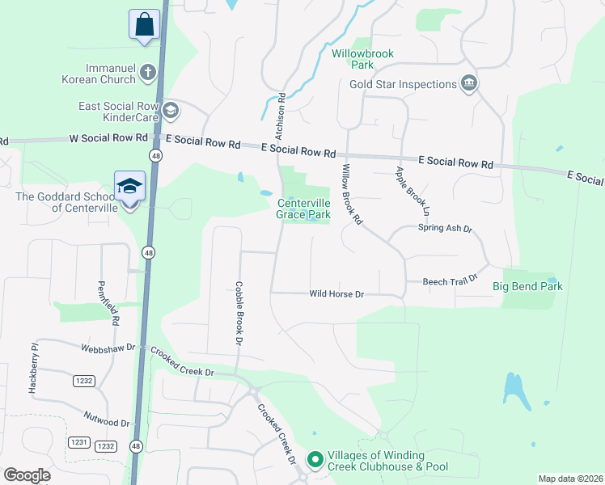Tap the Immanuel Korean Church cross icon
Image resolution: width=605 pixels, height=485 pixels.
tap(147, 73)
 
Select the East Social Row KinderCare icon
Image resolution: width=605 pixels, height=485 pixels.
tap(170, 110)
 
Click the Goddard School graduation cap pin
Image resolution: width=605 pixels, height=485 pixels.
tap(129, 187)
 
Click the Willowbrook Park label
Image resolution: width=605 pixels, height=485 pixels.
tap(362, 59)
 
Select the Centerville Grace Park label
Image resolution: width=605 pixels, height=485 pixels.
tap(304, 209)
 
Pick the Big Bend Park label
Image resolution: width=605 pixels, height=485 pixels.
tap(527, 286)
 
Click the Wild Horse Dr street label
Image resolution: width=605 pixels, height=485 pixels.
tap(336, 294)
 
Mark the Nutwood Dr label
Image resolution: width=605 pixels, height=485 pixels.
tap(107, 419)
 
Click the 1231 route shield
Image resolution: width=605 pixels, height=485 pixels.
tap(78, 442)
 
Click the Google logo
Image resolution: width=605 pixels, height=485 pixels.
tap(27, 475)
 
